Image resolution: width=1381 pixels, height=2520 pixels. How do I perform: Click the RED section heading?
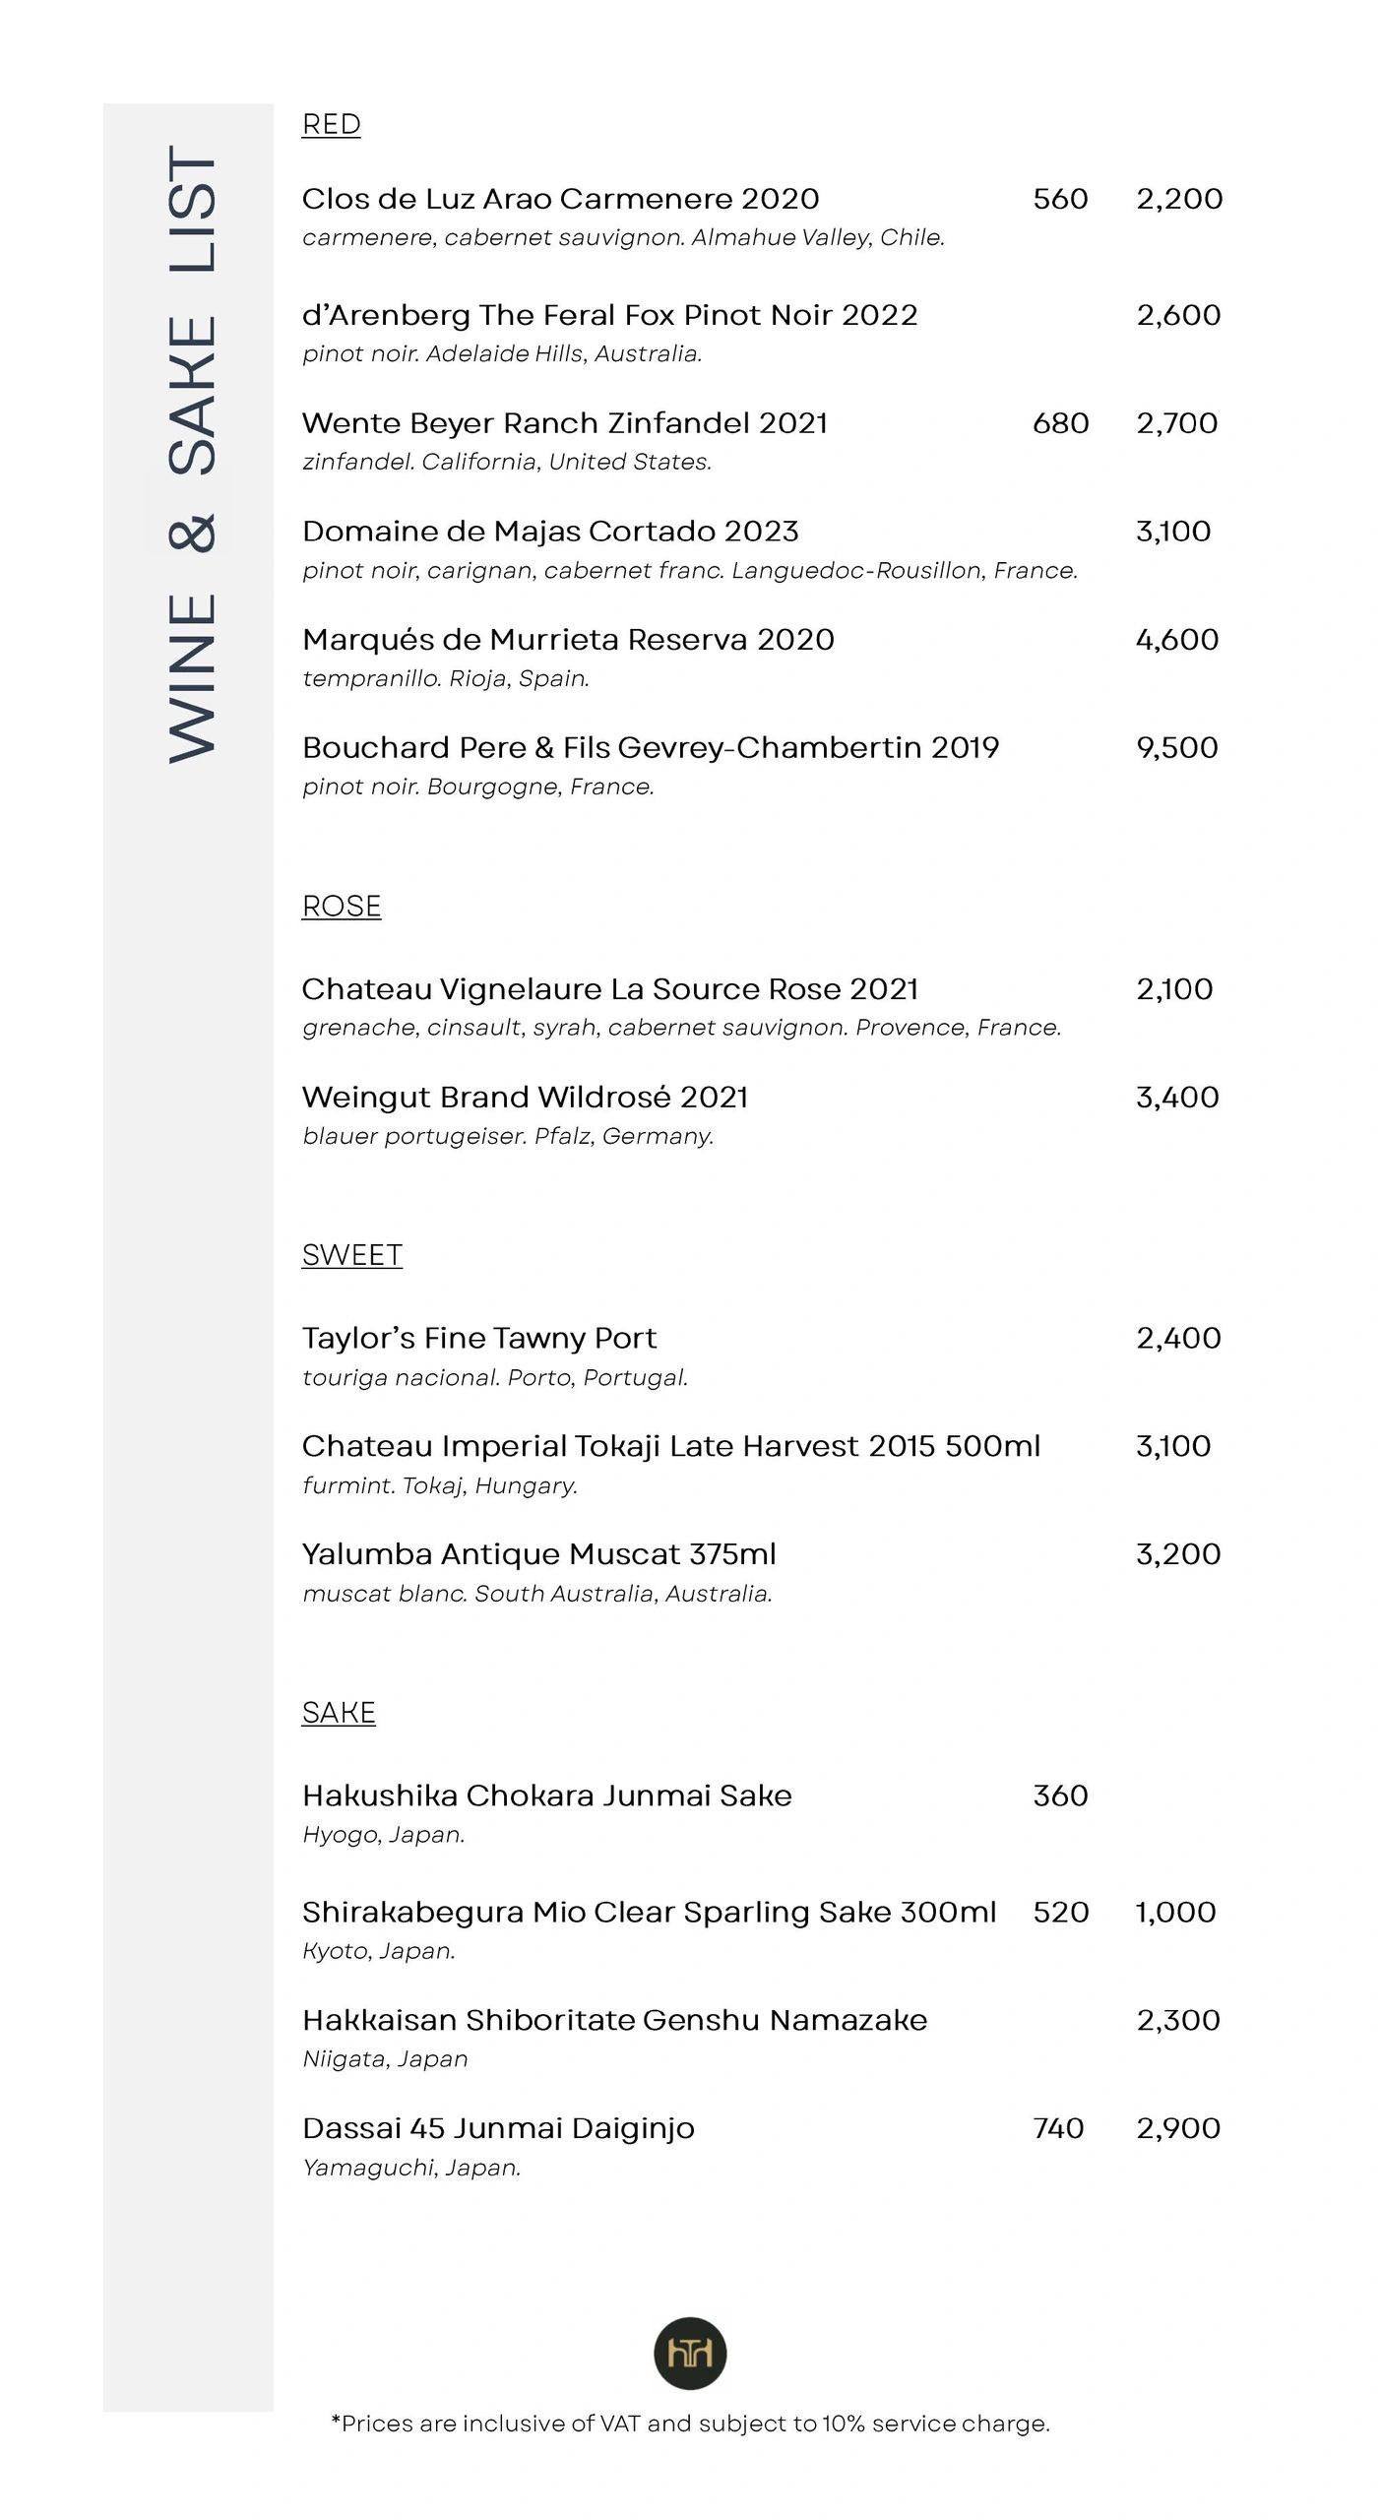click(331, 125)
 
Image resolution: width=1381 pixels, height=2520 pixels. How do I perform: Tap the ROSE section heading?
click(341, 906)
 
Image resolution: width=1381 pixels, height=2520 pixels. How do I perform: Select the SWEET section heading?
click(351, 1255)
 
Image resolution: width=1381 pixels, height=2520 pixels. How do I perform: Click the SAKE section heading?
click(339, 1713)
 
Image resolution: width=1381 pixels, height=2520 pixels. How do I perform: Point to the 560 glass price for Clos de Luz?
click(1060, 199)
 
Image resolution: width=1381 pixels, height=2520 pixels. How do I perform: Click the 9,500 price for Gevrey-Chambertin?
click(1176, 748)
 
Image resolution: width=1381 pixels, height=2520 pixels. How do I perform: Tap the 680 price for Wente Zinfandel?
click(1060, 423)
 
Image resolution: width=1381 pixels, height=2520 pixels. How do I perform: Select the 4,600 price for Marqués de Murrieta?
click(1176, 640)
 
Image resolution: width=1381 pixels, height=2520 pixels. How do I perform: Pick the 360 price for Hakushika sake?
click(1060, 1795)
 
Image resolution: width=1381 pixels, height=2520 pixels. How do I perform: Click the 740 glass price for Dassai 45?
click(1058, 2128)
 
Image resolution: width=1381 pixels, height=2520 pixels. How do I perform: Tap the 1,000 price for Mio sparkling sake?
click(1175, 1912)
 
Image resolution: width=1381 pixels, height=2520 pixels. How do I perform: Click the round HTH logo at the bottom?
click(690, 2354)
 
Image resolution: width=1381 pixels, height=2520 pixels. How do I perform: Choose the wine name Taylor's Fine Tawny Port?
click(478, 1338)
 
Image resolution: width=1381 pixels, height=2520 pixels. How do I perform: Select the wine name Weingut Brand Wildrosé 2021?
click(525, 1097)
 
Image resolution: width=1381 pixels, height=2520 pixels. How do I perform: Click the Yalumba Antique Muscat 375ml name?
click(538, 1554)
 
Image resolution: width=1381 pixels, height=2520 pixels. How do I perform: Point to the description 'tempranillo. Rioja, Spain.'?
click(446, 678)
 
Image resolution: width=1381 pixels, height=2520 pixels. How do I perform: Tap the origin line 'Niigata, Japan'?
click(385, 2059)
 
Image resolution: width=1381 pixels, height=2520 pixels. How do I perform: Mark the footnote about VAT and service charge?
click(690, 2424)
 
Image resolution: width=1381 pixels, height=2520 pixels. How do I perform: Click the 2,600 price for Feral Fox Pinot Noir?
click(1177, 315)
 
